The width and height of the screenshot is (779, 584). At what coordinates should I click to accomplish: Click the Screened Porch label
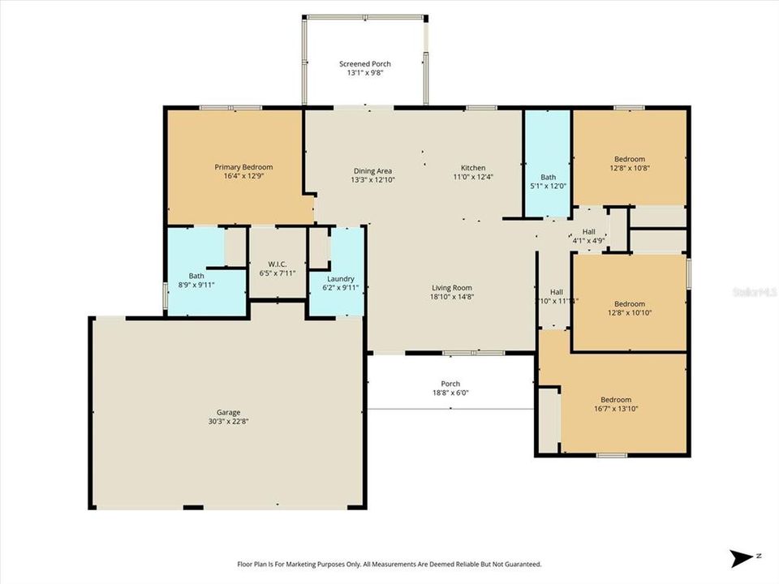(364, 63)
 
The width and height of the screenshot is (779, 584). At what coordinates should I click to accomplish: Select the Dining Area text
(372, 170)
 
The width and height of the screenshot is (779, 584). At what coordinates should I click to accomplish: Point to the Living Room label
(451, 288)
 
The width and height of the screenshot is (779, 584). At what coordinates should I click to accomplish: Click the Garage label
(227, 412)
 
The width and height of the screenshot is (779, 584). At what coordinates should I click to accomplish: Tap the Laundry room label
(335, 278)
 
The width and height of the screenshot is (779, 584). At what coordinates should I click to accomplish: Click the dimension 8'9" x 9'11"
(196, 285)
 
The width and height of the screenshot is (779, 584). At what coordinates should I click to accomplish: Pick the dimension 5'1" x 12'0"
(549, 186)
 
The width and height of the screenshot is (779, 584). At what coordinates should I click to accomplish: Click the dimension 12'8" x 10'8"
(630, 169)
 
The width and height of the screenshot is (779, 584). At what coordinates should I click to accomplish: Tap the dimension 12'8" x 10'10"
(630, 312)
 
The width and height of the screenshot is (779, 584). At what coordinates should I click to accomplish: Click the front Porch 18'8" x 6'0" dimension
(450, 393)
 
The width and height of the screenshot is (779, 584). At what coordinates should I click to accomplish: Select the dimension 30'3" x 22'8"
(227, 421)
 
